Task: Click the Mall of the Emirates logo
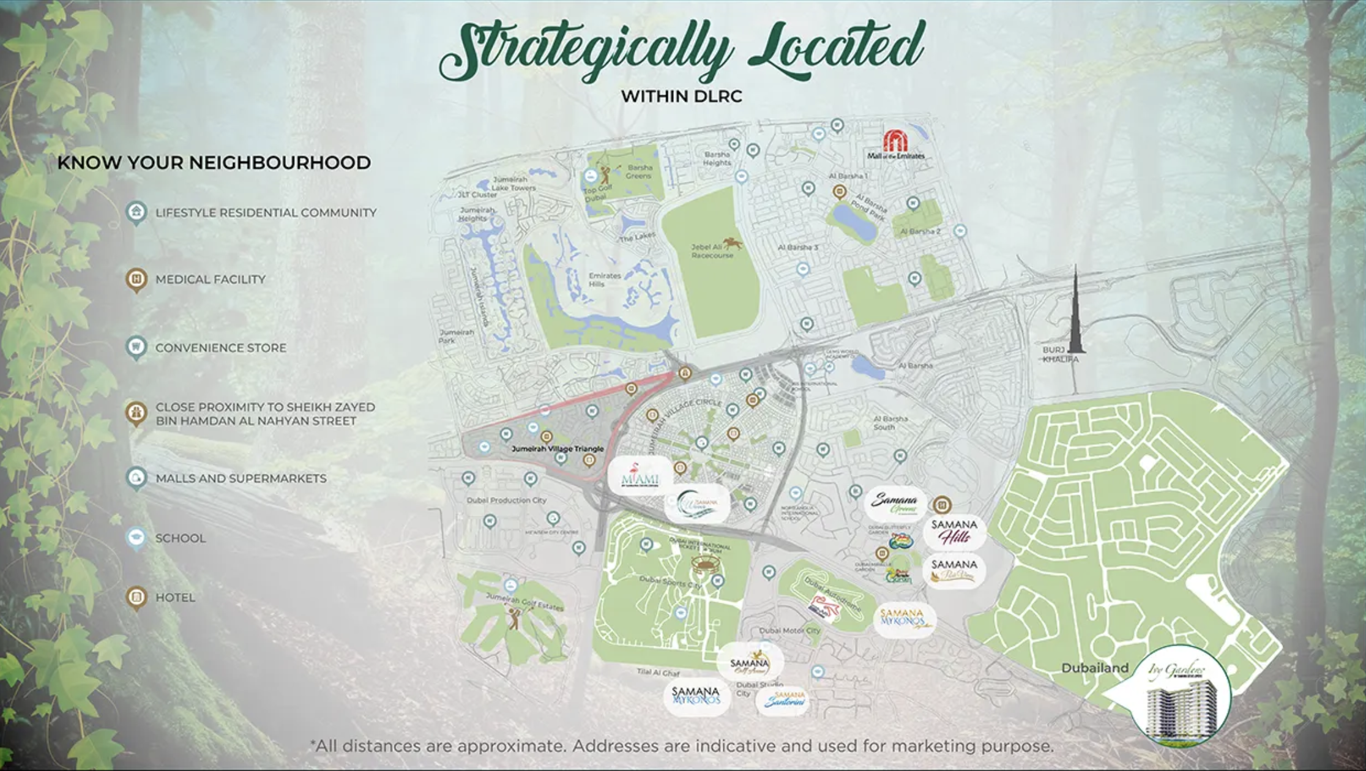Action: (895, 145)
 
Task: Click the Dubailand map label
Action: (1094, 668)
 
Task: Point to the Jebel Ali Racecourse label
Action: (712, 251)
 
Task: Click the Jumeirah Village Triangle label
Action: (558, 449)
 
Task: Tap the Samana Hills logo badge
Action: (954, 532)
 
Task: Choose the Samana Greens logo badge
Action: (895, 504)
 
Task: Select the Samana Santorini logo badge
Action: (783, 700)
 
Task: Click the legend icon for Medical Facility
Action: (136, 280)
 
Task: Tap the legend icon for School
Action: (136, 538)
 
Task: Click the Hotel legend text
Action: (175, 598)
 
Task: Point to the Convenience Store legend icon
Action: (136, 348)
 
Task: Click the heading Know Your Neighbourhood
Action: (214, 163)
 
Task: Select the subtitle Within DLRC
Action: (681, 97)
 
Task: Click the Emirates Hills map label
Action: (604, 280)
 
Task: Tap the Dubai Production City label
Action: (506, 501)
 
